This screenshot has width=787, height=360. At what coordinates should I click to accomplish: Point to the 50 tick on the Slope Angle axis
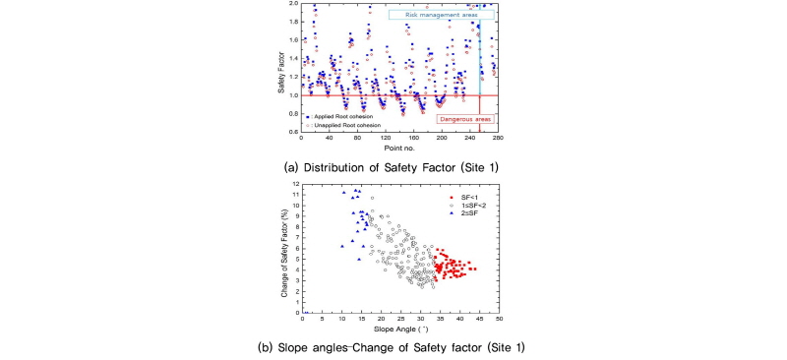pos(499,320)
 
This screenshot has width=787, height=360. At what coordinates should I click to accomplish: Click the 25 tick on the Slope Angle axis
pos(401,320)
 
